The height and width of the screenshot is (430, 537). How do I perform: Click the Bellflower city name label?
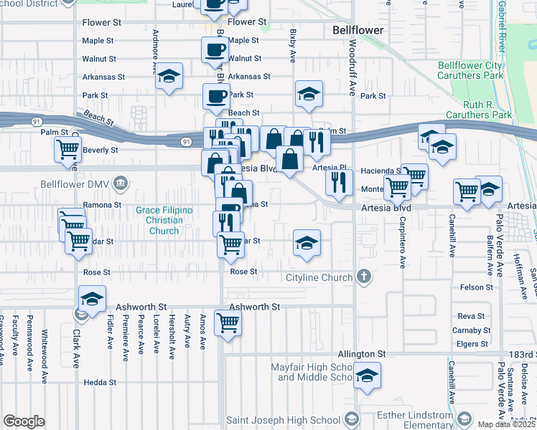(358, 31)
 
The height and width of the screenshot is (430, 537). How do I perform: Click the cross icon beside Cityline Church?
(364, 277)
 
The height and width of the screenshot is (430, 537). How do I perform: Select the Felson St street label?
(477, 287)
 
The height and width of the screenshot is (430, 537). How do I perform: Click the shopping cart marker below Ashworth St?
(228, 322)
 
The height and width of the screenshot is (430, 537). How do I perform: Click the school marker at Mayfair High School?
(367, 375)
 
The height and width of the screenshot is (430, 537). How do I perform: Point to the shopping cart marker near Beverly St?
(67, 150)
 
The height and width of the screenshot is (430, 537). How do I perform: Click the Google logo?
(24, 421)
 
